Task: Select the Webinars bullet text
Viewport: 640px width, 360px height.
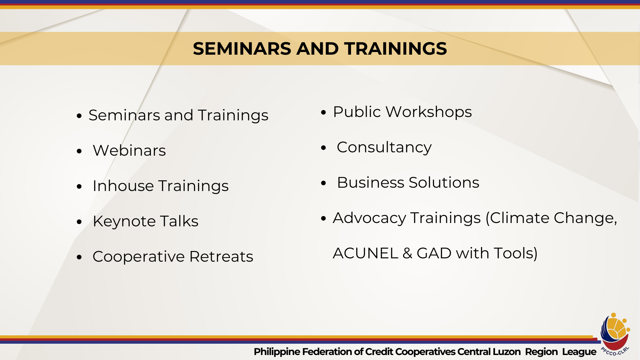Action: click(129, 151)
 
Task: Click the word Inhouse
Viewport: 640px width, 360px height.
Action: click(123, 186)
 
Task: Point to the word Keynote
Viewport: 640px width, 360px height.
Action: click(124, 221)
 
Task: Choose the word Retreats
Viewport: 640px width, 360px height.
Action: click(221, 257)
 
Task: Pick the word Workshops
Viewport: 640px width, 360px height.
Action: click(429, 112)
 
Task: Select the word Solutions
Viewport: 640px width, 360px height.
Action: click(444, 183)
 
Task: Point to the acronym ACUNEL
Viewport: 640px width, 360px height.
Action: click(365, 253)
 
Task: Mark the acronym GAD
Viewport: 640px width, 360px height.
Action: click(434, 253)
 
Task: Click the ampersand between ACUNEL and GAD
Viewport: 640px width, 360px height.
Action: click(407, 253)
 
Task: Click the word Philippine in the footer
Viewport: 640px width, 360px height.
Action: click(277, 352)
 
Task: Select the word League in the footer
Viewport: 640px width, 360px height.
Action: click(579, 352)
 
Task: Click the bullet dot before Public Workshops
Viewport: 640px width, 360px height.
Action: click(323, 112)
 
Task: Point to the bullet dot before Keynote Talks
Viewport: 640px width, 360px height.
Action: click(79, 222)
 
